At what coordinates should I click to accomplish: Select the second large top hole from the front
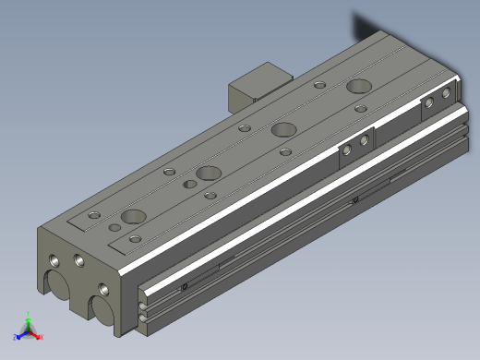[x=209, y=172]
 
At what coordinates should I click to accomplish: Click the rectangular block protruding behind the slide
[x=253, y=86]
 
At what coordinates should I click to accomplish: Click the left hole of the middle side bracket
[x=348, y=150]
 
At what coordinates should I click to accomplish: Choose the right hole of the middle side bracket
[x=365, y=140]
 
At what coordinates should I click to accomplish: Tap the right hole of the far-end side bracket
[x=447, y=93]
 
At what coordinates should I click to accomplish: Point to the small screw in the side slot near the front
[x=185, y=287]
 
